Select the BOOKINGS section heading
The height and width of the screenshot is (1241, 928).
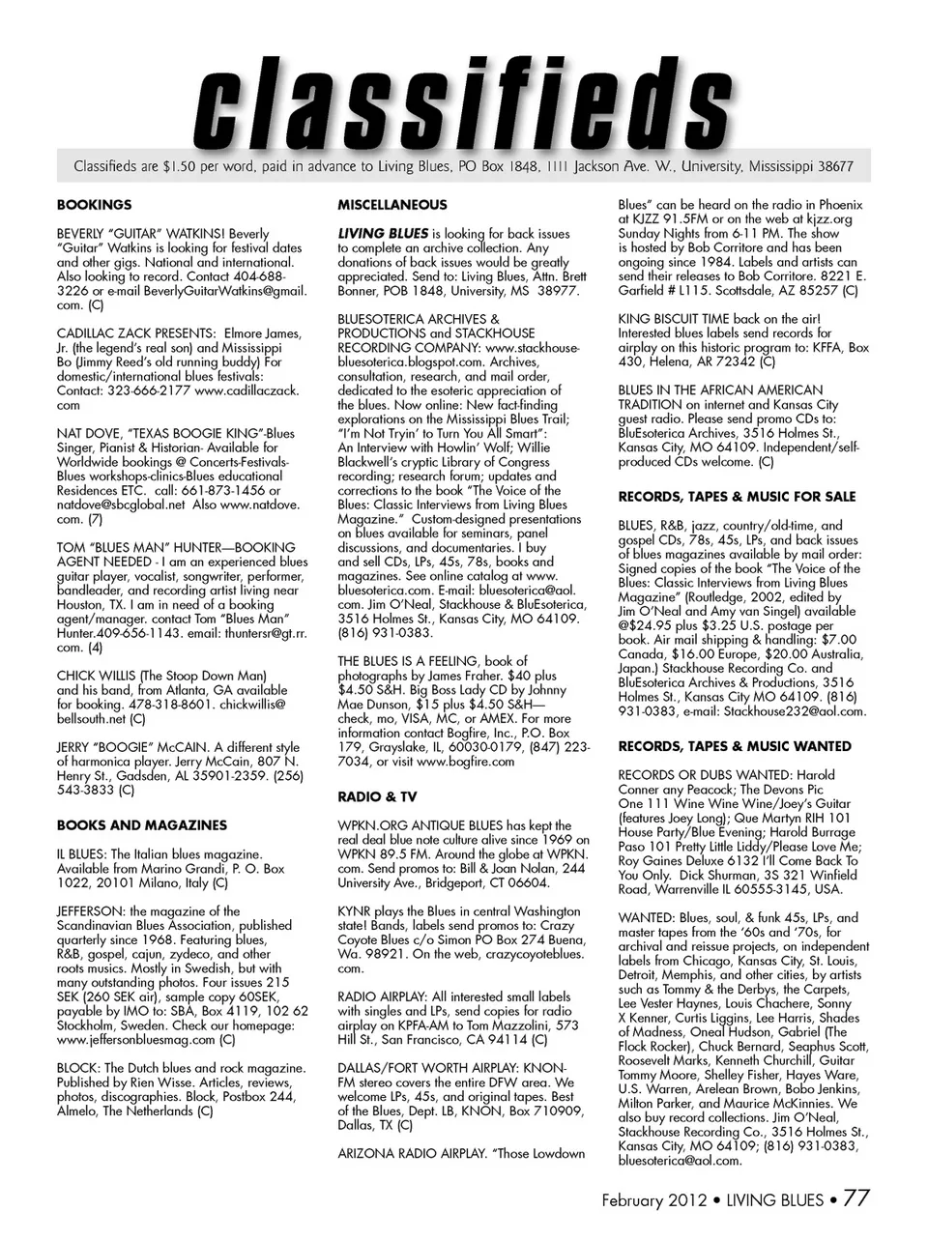94,205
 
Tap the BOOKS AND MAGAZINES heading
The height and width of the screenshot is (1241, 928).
142,825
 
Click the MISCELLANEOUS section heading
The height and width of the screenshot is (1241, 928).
391,205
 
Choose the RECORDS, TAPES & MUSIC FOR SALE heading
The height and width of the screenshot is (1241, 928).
737,497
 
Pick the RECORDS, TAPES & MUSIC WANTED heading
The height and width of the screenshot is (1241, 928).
735,746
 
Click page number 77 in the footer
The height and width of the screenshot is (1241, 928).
856,1198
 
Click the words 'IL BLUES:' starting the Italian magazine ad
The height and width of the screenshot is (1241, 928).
82,854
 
